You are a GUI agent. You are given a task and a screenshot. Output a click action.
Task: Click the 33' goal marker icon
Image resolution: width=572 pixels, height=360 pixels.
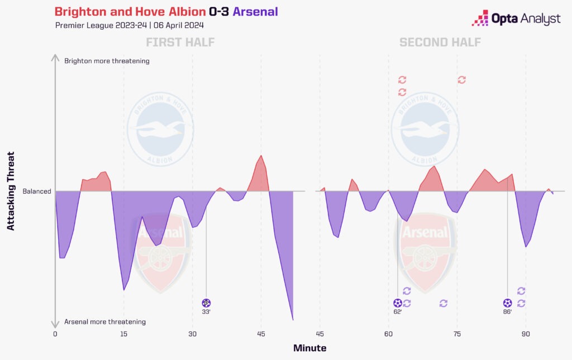pyautogui.click(x=206, y=303)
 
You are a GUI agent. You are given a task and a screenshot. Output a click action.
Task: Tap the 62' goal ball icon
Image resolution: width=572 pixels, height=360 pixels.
pyautogui.click(x=397, y=303)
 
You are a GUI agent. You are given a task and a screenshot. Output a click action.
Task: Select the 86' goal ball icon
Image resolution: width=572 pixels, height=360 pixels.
pyautogui.click(x=507, y=303)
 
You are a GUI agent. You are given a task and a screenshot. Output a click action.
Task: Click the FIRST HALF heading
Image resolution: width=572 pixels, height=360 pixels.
pyautogui.click(x=180, y=42)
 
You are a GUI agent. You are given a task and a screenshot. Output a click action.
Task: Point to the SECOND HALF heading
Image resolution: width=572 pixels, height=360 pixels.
pyautogui.click(x=440, y=42)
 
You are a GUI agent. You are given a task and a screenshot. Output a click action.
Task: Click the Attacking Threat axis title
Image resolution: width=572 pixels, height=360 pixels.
pyautogui.click(x=11, y=191)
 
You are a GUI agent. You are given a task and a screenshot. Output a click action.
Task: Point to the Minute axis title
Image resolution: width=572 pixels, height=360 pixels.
pyautogui.click(x=309, y=348)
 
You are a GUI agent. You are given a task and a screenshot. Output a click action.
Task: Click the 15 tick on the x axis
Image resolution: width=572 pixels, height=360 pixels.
pyautogui.click(x=123, y=334)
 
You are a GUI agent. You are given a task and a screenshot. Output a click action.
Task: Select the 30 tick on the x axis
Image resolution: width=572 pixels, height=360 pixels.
pyautogui.click(x=192, y=334)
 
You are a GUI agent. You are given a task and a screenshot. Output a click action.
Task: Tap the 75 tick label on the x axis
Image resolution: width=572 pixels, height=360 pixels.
pyautogui.click(x=456, y=334)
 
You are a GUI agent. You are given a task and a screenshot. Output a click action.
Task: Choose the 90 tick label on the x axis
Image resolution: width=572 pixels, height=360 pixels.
pyautogui.click(x=525, y=334)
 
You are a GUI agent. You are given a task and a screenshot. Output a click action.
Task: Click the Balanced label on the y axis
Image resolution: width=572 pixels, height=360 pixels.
pyautogui.click(x=37, y=191)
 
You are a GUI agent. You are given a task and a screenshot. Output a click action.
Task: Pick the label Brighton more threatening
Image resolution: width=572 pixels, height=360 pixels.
pyautogui.click(x=107, y=61)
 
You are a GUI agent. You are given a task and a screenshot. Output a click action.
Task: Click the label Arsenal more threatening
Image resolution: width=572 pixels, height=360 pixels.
pyautogui.click(x=105, y=321)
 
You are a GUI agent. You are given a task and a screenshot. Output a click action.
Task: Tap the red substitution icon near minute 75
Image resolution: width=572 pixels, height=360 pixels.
pyautogui.click(x=461, y=80)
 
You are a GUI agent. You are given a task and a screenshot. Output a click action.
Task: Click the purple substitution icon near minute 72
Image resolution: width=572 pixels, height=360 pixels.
pyautogui.click(x=444, y=303)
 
